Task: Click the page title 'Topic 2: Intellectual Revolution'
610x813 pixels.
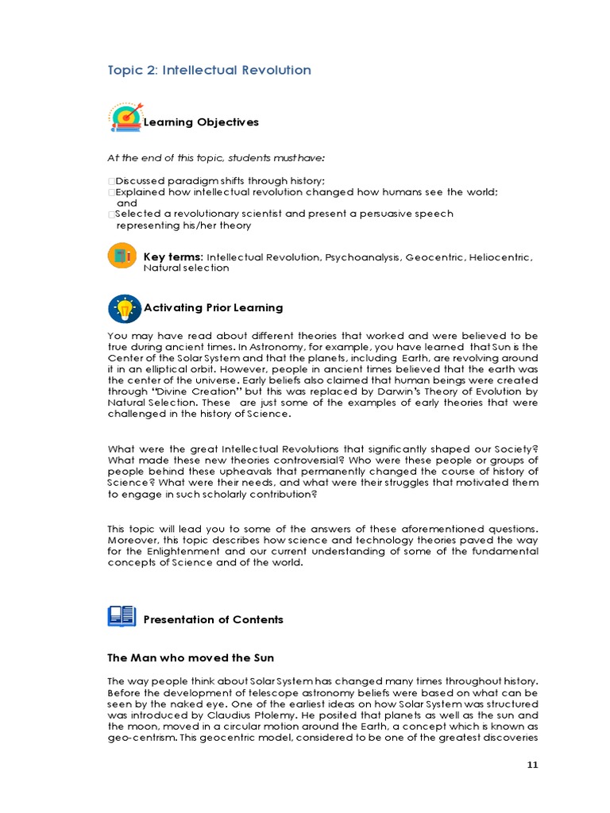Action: pyautogui.click(x=209, y=70)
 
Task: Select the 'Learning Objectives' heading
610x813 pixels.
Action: pyautogui.click(x=201, y=122)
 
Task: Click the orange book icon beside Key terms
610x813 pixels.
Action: pyautogui.click(x=122, y=256)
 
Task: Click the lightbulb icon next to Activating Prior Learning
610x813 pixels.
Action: pyautogui.click(x=124, y=308)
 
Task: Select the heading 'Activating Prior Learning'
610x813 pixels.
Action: pyautogui.click(x=213, y=307)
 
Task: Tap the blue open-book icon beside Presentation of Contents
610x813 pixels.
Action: pyautogui.click(x=122, y=617)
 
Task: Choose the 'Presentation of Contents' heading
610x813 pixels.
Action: pyautogui.click(x=213, y=619)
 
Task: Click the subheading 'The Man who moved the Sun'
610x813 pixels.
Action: pyautogui.click(x=191, y=658)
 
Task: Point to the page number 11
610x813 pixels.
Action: pyautogui.click(x=532, y=765)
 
